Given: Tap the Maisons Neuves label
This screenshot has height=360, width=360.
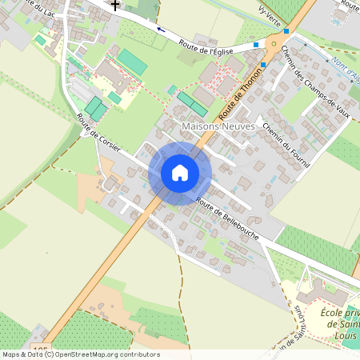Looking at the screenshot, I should coord(218,126).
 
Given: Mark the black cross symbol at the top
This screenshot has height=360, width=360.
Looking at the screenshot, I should coord(116,4).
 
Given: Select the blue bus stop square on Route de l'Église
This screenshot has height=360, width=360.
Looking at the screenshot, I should coord(256,46).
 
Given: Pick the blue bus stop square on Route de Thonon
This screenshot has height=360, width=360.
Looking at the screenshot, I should coord(262,64).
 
